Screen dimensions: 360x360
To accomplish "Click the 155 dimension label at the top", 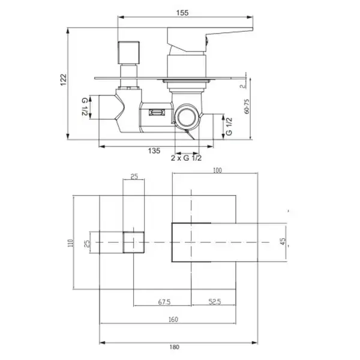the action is coord(182,13).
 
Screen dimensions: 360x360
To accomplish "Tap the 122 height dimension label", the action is coord(64,80).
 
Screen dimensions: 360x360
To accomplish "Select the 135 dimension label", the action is coord(154,151).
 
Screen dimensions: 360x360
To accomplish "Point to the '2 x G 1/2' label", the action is coord(186,158).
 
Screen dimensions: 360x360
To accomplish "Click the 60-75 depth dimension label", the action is coord(247,106).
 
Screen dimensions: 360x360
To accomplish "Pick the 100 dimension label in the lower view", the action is coord(217,170).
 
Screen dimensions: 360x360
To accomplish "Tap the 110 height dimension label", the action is coord(70,243).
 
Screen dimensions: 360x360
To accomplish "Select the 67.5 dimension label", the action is coord(164,302).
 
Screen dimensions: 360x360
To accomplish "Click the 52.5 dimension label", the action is coord(215,301).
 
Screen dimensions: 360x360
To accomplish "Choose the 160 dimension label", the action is coord(173,319).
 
